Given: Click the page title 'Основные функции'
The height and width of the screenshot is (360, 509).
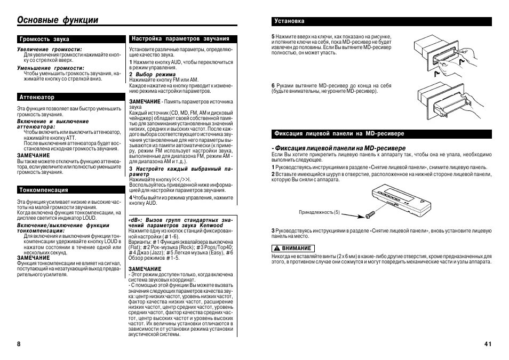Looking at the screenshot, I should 58,20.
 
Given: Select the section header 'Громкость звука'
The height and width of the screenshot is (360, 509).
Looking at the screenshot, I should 45,39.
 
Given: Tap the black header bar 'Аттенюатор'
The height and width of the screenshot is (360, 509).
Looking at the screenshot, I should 37,98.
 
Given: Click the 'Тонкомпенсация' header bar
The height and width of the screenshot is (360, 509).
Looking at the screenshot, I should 44,190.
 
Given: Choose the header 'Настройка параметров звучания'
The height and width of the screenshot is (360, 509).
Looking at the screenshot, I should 180,39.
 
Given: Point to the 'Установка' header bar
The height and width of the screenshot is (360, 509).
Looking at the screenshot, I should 289,21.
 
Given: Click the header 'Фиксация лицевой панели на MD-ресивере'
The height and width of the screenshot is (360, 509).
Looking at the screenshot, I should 339,133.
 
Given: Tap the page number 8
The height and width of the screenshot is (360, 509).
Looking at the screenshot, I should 19,344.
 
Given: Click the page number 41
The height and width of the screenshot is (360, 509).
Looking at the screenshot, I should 488,344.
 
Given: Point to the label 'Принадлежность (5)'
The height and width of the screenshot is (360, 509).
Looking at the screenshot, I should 319,212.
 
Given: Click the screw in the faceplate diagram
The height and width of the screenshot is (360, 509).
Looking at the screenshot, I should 368,214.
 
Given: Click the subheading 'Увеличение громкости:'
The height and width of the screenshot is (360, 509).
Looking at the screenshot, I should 49,49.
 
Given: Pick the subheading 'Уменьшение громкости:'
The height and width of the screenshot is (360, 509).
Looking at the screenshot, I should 50,68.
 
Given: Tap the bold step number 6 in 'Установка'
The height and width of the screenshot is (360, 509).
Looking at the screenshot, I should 273,85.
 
